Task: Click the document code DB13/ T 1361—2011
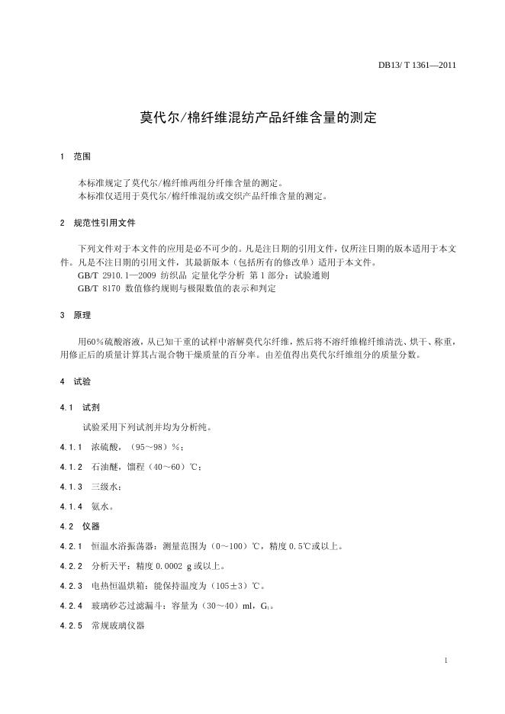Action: click(x=417, y=65)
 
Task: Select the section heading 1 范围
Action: click(x=76, y=156)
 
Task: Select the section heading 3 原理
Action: click(x=76, y=315)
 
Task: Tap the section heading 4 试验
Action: click(x=76, y=381)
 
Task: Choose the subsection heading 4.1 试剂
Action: click(x=82, y=407)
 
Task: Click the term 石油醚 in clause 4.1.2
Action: click(x=104, y=466)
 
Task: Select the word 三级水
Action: click(x=104, y=486)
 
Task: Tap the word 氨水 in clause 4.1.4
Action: click(x=100, y=506)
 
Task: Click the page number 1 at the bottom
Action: click(x=445, y=660)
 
